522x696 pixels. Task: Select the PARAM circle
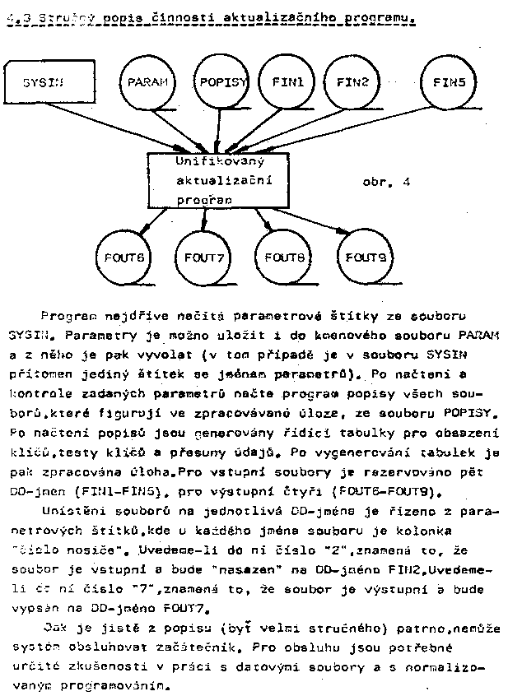(x=148, y=83)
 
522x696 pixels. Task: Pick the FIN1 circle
(x=287, y=83)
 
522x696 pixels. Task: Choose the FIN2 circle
(x=352, y=83)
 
